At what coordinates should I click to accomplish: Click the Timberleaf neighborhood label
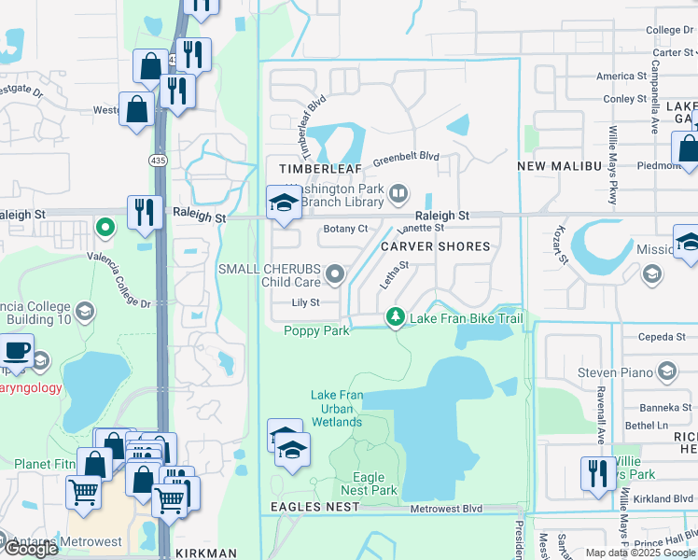(x=317, y=167)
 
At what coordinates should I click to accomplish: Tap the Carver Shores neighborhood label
(x=435, y=246)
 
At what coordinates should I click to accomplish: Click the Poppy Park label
(x=316, y=331)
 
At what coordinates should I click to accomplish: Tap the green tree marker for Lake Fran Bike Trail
(x=396, y=319)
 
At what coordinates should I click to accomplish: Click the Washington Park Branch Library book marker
(x=398, y=194)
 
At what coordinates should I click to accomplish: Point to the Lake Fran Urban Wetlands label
(x=336, y=409)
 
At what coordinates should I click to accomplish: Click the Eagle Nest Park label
(x=376, y=483)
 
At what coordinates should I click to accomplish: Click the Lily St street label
(x=305, y=302)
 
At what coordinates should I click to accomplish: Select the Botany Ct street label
(x=345, y=229)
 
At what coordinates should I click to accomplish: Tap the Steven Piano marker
(x=666, y=373)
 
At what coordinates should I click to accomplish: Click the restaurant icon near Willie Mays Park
(x=596, y=474)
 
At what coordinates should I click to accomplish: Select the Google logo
(x=30, y=549)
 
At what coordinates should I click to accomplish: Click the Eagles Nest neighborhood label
(x=314, y=506)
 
